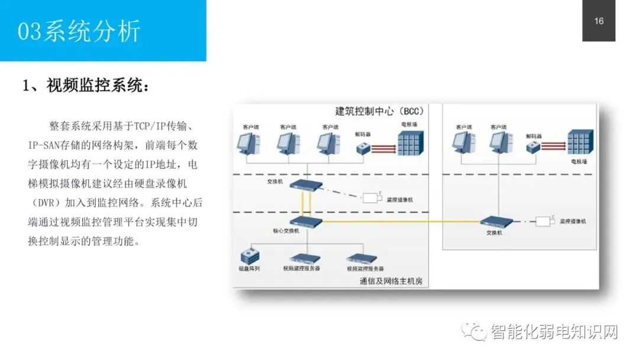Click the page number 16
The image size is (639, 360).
tap(599, 21)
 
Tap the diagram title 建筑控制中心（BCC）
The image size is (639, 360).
tap(379, 111)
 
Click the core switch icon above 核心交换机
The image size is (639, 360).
tap(307, 222)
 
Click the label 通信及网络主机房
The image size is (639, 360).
tap(391, 281)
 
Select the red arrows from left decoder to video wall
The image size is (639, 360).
tap(383, 147)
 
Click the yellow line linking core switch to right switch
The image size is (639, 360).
tap(402, 221)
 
